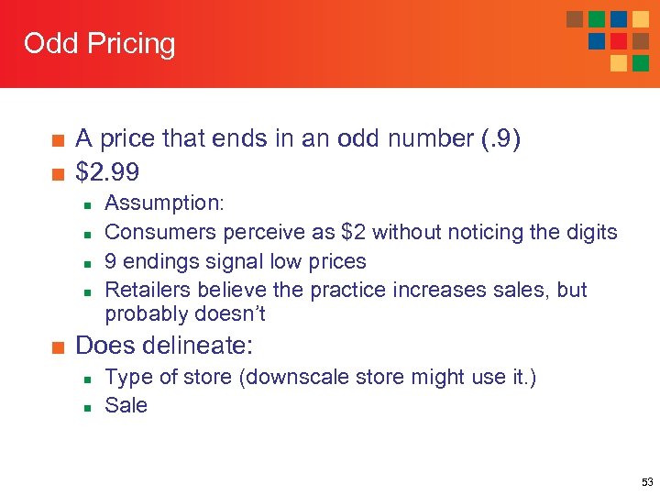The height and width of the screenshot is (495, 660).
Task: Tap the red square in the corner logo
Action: click(619, 40)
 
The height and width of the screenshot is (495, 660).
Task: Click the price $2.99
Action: click(110, 170)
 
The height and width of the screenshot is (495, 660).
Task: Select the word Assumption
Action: click(165, 203)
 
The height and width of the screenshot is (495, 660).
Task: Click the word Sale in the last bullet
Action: click(126, 405)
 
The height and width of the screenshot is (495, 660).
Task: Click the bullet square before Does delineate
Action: click(57, 346)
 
